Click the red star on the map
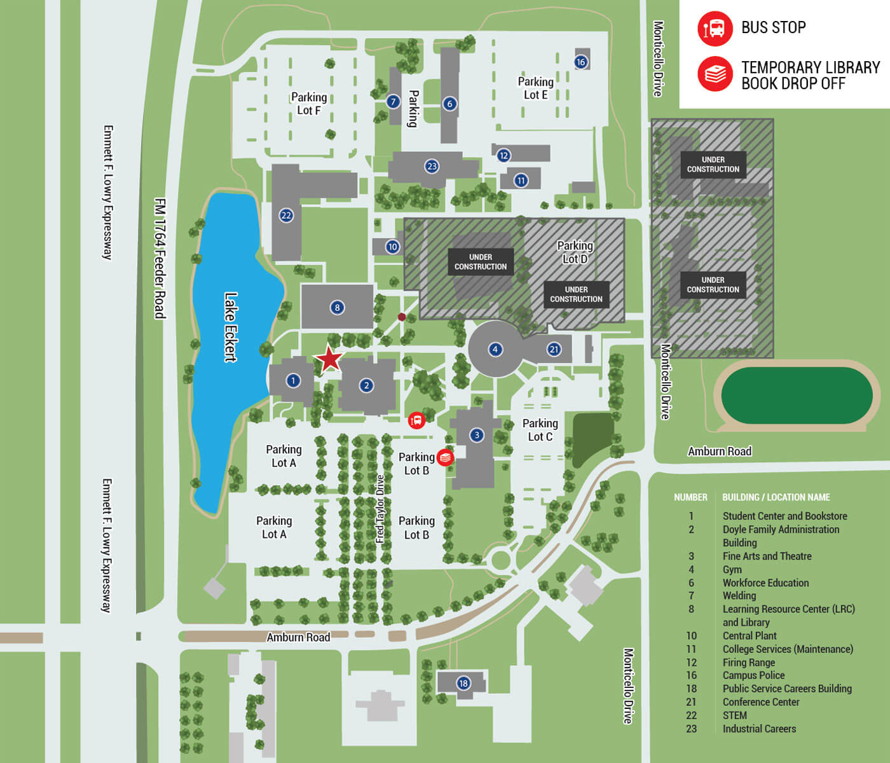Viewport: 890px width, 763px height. point(329,359)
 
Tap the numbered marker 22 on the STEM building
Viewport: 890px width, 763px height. point(286,216)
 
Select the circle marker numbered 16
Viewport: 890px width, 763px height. point(580,62)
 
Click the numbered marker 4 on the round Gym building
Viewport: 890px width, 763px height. point(495,349)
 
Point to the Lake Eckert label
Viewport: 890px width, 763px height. point(231,327)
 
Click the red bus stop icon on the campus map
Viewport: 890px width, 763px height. point(416,420)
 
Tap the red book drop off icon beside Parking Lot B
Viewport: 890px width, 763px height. point(446,457)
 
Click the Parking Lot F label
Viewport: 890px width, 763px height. point(309,104)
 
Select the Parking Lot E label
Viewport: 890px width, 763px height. point(535,88)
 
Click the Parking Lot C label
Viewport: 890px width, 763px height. point(540,430)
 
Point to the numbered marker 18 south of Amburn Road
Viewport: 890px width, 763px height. point(463,684)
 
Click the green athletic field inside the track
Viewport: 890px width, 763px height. point(796,395)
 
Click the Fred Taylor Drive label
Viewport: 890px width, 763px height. point(380,509)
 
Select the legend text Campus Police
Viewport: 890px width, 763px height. point(753,675)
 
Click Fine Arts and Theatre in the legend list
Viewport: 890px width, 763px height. point(767,556)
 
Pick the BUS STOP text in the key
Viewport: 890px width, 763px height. point(773,27)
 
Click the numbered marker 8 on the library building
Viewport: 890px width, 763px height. point(337,308)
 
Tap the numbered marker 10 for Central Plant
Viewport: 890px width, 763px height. point(392,247)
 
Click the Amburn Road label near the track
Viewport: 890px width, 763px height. point(719,451)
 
